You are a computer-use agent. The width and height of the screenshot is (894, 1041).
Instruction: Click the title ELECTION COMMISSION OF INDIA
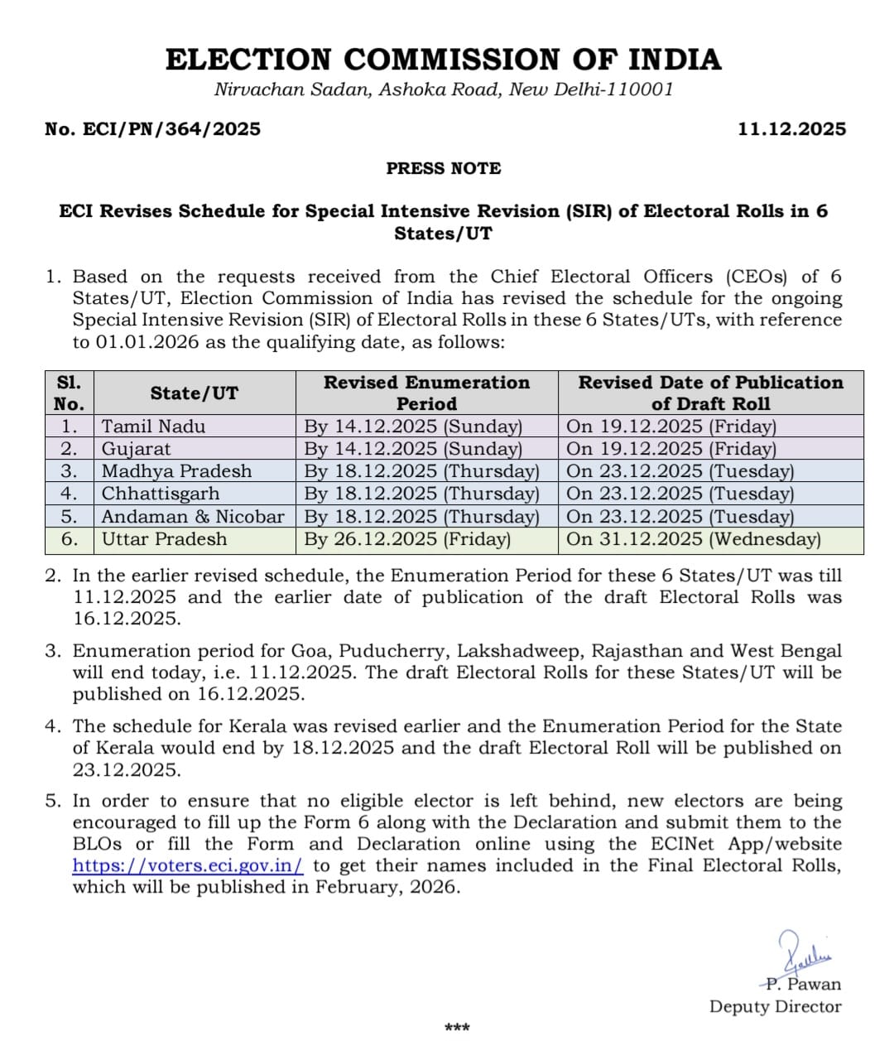(x=443, y=60)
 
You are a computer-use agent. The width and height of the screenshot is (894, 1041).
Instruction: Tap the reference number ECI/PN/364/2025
(x=153, y=129)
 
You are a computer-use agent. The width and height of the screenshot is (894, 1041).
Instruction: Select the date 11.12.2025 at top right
(x=791, y=129)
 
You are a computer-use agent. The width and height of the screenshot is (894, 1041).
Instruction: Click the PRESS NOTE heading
(x=444, y=168)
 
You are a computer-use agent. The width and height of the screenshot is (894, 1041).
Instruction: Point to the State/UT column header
(x=195, y=393)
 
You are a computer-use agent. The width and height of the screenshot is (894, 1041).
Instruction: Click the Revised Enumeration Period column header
(x=426, y=393)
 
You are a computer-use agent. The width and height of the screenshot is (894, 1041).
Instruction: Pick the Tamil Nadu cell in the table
(x=154, y=427)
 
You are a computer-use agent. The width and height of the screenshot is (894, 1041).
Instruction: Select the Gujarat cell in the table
(x=137, y=449)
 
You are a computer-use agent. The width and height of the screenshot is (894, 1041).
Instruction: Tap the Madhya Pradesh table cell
(x=176, y=471)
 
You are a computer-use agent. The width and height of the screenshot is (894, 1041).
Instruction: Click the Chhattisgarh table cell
(x=161, y=494)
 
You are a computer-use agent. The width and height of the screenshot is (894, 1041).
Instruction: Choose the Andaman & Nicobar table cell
(x=193, y=517)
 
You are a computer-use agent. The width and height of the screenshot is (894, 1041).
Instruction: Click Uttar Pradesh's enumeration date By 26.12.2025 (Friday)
(x=407, y=539)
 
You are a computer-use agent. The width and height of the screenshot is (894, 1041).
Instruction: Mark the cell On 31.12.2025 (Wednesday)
(x=694, y=539)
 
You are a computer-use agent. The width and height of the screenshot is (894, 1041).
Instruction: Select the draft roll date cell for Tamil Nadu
(x=671, y=427)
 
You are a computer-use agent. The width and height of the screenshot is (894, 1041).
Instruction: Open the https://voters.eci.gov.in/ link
(x=188, y=865)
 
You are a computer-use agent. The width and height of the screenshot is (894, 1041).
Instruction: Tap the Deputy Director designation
(x=775, y=1007)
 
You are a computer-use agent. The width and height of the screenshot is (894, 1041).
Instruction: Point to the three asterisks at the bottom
(x=457, y=1028)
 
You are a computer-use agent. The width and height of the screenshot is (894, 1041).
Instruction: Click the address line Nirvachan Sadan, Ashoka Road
(x=444, y=89)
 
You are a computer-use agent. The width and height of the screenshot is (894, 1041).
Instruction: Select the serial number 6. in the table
(x=70, y=539)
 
